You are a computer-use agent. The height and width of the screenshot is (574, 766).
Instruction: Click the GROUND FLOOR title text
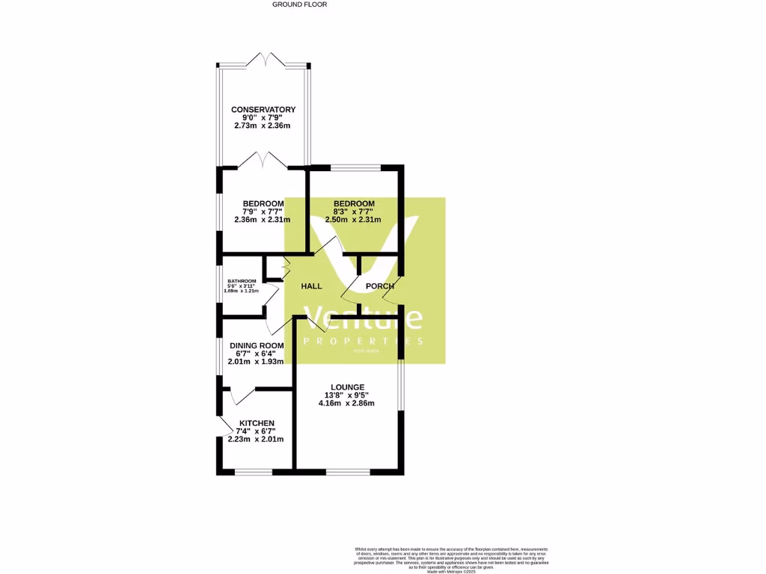point(299,4)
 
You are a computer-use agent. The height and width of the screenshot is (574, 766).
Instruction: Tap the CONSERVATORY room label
point(263,110)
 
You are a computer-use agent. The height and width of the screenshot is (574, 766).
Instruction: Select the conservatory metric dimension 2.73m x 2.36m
point(263,126)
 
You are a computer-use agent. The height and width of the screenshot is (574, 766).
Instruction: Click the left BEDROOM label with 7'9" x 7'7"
point(263,204)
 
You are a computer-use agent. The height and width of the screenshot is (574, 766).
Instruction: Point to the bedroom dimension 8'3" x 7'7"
point(353,212)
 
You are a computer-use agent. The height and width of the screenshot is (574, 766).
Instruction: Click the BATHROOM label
point(242,281)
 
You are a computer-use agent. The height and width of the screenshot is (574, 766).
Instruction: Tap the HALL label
point(311,286)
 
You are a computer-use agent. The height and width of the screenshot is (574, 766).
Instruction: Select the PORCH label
point(379,286)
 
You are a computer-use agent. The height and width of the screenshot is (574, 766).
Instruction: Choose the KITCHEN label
point(256,423)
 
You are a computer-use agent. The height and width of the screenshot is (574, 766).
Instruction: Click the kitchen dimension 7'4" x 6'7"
point(256,431)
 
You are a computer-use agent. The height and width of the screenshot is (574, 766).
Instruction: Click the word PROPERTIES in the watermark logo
point(363,341)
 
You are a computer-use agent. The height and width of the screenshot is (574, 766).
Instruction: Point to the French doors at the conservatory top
point(263,60)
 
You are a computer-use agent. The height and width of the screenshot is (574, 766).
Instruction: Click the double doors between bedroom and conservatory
point(263,159)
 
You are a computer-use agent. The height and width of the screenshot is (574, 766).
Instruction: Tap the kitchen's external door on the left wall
point(223,425)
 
